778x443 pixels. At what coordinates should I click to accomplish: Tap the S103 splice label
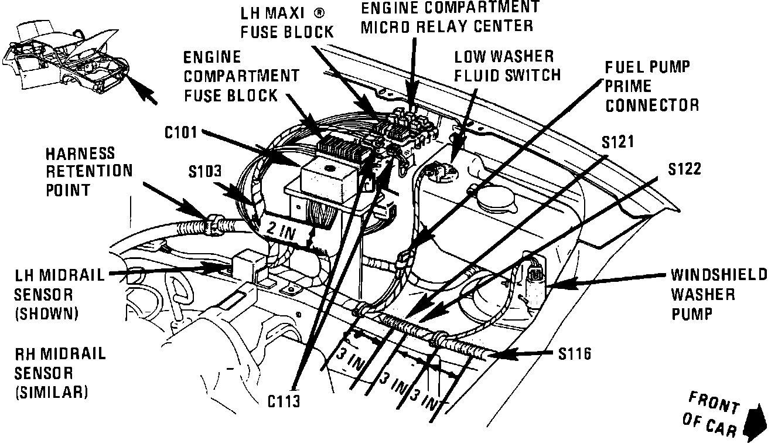point(205,172)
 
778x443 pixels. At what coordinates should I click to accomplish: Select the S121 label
point(619,142)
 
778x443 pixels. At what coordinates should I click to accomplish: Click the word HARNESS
point(80,154)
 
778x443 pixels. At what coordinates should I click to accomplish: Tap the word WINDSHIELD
point(719,275)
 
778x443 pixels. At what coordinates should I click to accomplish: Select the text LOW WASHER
point(504,57)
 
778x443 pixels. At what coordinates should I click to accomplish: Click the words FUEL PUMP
point(647,66)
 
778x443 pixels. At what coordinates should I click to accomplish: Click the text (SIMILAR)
point(51,391)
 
